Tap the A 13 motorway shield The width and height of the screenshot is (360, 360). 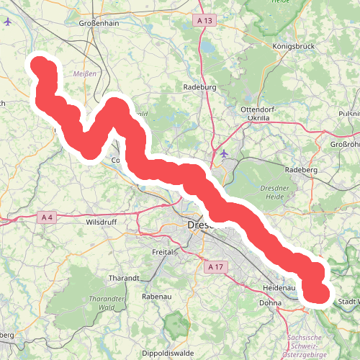click(x=205, y=21)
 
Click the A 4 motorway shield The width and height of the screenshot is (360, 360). click(x=48, y=217)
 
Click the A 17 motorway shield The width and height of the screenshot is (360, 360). click(x=215, y=267)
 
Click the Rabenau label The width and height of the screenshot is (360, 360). click(x=156, y=296)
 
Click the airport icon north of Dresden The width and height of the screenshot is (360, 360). click(x=224, y=153)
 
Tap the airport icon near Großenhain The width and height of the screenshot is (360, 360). click(x=8, y=22)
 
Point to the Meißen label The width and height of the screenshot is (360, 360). click(x=85, y=73)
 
